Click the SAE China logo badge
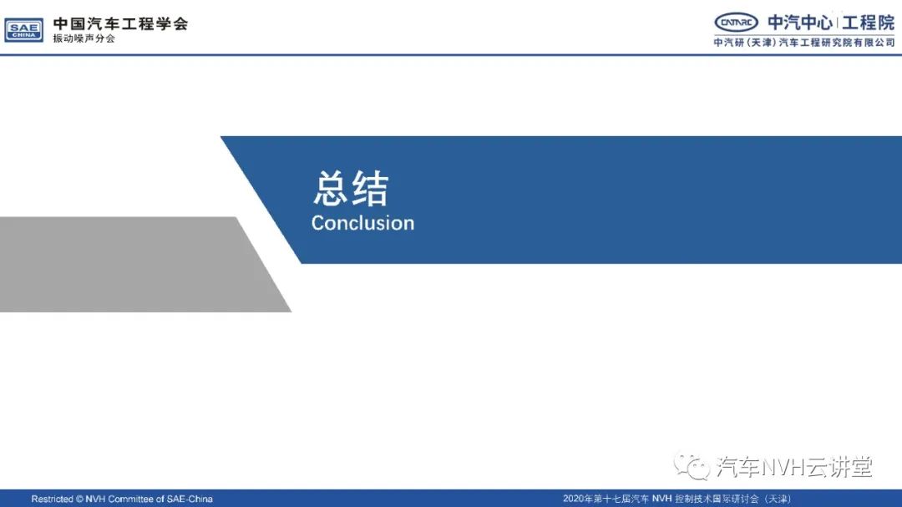(23, 30)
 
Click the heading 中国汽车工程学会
(121, 23)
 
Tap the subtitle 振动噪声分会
(84, 38)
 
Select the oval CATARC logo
(737, 23)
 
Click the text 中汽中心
(800, 23)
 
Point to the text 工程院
(868, 23)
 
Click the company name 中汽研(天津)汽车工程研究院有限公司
(804, 43)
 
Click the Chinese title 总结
(351, 188)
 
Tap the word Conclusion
(363, 223)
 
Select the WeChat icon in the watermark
(692, 466)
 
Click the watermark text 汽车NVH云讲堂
(794, 467)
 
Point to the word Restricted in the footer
(53, 499)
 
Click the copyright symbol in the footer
(79, 499)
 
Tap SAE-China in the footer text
(190, 499)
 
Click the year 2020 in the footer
(573, 499)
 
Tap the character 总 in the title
(331, 188)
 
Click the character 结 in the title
(371, 188)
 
